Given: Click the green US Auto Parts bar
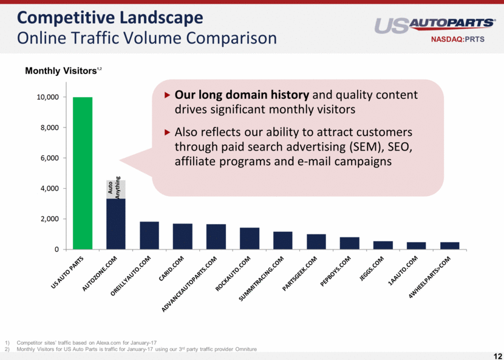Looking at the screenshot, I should coord(83,173).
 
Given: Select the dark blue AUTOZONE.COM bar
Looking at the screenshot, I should coord(116,224).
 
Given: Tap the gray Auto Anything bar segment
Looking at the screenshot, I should coord(116,189).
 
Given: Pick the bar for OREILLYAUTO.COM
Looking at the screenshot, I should coord(149,236).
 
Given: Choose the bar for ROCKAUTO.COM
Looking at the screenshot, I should coord(250,239).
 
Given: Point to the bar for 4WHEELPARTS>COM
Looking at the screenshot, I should coord(450,245).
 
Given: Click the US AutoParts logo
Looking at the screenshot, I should coord(435,25).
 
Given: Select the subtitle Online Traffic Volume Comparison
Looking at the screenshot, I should coord(147,38).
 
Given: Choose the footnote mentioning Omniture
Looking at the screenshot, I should coord(137,350).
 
